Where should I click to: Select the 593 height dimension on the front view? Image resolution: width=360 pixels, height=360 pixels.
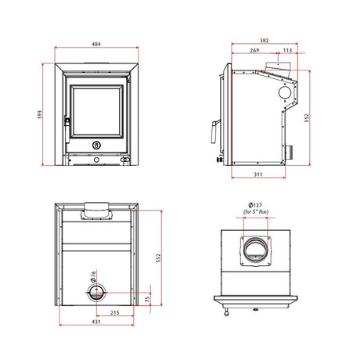(x=41, y=115)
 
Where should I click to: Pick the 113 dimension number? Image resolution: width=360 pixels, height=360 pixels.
(x=287, y=50)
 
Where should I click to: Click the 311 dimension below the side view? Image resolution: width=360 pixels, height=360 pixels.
(x=258, y=174)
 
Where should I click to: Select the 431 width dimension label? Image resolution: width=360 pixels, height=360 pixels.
(x=95, y=322)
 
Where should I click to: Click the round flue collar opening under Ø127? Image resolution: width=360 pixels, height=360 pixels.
(x=257, y=251)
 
